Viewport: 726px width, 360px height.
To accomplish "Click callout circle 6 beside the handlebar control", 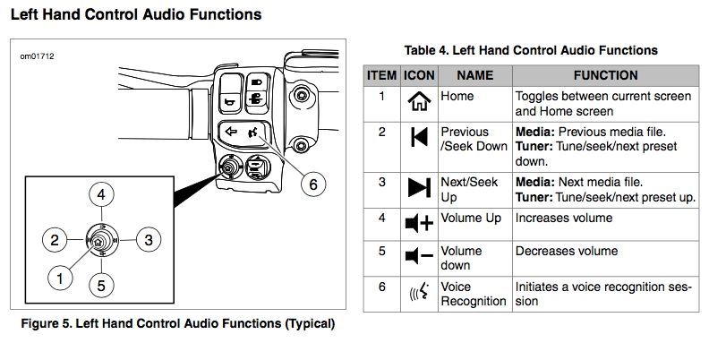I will click(312, 185).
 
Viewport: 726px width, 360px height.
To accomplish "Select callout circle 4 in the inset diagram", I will click(103, 194).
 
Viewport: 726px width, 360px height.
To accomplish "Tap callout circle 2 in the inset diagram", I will click(55, 239).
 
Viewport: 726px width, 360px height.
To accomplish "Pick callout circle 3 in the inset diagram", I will click(149, 239).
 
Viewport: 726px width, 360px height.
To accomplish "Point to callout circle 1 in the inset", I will click(60, 279).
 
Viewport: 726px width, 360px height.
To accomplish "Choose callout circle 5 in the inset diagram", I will click(102, 286).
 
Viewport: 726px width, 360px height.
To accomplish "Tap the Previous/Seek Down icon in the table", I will click(418, 137).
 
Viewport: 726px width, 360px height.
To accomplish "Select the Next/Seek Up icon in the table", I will click(418, 187).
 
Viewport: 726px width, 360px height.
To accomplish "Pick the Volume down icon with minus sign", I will click(418, 257).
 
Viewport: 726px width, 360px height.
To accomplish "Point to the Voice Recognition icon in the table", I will click(418, 293).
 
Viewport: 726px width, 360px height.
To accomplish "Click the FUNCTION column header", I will click(605, 76).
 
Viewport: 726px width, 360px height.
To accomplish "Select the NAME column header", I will click(474, 76).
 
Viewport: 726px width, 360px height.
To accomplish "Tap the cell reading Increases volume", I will click(563, 218).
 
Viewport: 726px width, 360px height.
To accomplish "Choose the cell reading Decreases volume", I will click(566, 251).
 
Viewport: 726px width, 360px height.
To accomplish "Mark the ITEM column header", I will click(380, 76).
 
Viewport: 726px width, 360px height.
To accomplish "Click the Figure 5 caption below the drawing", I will click(177, 323).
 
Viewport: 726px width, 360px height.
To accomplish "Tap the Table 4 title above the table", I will click(532, 50).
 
